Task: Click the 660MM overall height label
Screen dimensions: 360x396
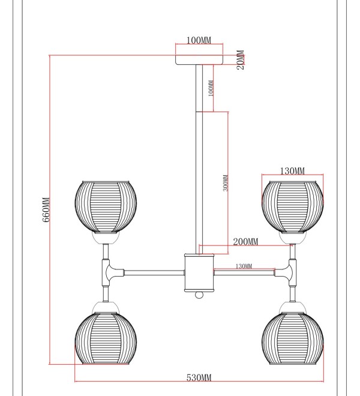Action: [46, 209]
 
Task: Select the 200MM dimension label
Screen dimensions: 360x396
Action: [245, 242]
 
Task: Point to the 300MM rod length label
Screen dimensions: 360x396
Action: [226, 183]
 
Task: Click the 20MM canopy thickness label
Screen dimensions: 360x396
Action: [240, 59]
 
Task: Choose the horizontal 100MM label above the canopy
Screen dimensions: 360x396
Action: [199, 40]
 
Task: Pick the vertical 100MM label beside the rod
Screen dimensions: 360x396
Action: [211, 88]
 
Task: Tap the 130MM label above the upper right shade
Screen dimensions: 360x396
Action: [292, 171]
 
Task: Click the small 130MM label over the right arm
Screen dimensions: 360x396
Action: [244, 266]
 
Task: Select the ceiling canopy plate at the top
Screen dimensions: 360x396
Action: [199, 59]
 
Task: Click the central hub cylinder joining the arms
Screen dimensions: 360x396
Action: [199, 273]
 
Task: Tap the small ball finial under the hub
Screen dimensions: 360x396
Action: [199, 295]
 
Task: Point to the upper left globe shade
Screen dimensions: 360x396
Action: [106, 206]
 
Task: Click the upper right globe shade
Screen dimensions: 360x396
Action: [293, 206]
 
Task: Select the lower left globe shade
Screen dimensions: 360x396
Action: [106, 338]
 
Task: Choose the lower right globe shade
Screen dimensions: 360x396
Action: [293, 338]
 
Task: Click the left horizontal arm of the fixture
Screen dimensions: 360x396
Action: [154, 273]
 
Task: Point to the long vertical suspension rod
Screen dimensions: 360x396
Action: [199, 159]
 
